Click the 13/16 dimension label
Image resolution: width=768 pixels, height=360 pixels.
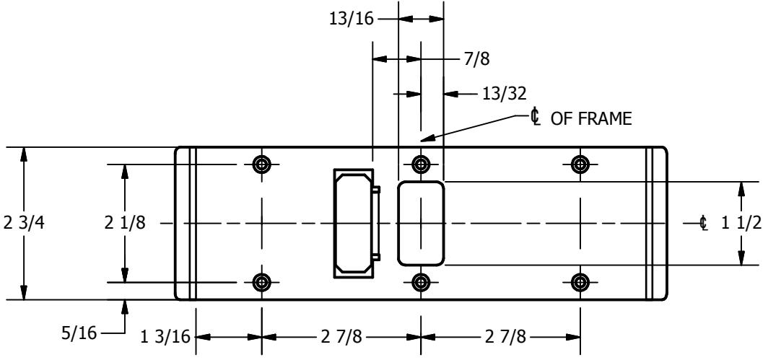point(352,19)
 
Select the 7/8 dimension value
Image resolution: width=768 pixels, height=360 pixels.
point(476,59)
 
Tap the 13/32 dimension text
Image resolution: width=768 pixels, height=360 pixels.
point(505,93)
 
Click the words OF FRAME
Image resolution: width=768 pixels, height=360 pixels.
point(592,118)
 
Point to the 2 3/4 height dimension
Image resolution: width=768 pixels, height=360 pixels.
point(24,223)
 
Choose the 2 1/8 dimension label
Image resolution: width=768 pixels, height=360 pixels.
point(125,223)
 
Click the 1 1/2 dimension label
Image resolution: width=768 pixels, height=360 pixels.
point(742,223)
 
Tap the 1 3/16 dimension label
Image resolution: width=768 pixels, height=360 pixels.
point(165,338)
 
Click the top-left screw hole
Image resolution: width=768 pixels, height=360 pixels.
point(262,164)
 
